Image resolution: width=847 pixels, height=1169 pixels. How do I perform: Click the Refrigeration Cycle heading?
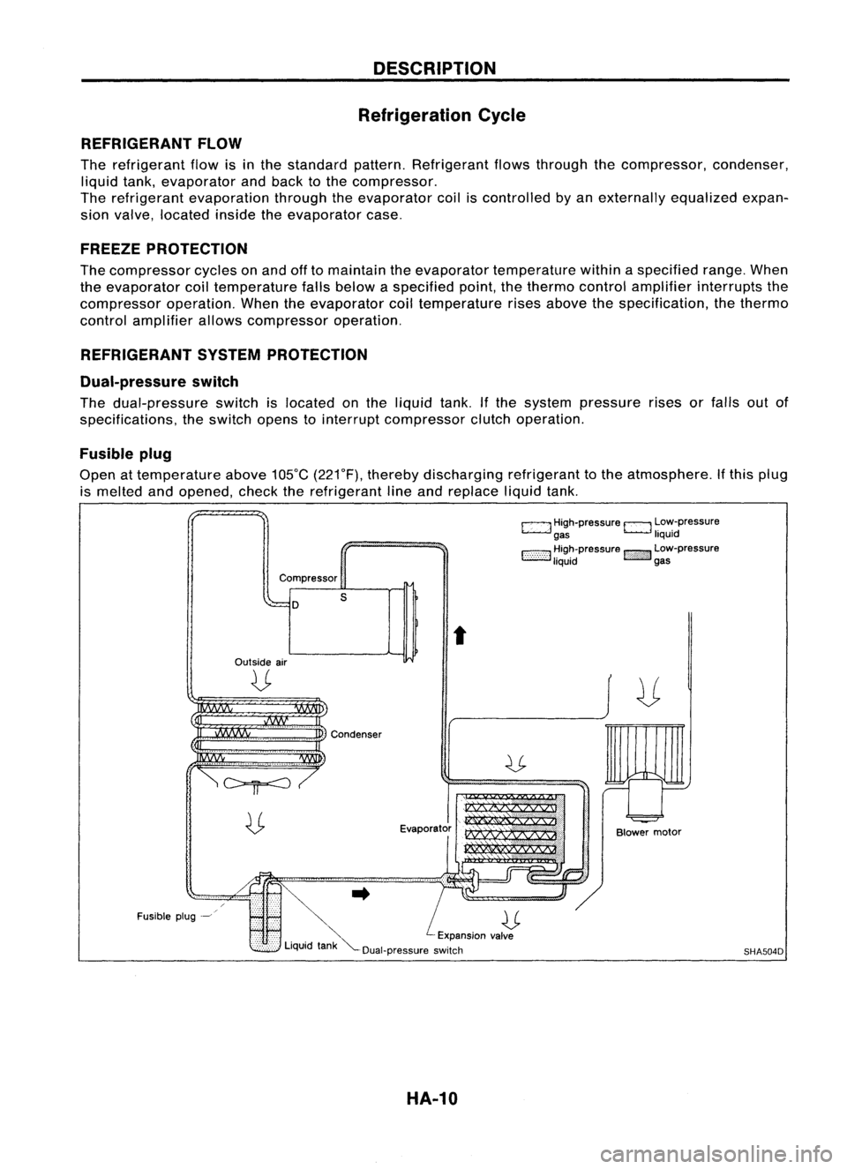pyautogui.click(x=453, y=116)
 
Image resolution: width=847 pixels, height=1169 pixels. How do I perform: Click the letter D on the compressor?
pyautogui.click(x=296, y=605)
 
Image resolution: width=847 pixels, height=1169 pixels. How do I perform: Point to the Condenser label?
pyautogui.click(x=357, y=731)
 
